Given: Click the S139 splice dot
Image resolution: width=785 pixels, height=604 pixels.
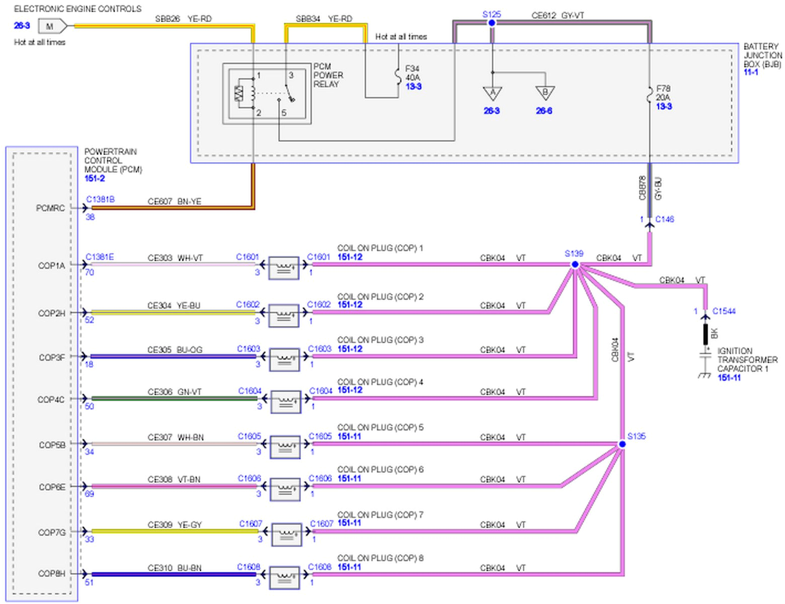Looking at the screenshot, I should [575, 264].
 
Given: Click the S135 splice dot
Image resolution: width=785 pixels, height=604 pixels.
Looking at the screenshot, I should [622, 444].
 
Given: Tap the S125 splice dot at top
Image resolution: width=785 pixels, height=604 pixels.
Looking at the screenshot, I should [492, 23].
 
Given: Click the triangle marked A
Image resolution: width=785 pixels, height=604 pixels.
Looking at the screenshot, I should [492, 93].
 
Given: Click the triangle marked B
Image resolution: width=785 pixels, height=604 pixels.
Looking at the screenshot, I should [545, 93].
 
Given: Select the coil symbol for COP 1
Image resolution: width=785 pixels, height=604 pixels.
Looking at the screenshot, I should [284, 267].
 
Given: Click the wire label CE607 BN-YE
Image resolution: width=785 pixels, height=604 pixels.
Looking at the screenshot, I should [174, 201].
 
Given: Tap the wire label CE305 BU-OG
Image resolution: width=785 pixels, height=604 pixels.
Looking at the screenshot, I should [175, 350].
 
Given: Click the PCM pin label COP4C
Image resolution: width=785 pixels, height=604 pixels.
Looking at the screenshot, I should [51, 400].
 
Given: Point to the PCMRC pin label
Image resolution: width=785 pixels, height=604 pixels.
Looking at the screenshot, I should [50, 208].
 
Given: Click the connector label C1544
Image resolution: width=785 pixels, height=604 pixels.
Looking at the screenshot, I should [724, 311].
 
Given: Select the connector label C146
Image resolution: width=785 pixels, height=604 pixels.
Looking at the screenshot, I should [664, 219].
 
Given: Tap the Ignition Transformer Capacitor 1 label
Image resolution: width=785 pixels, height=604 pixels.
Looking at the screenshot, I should [747, 360].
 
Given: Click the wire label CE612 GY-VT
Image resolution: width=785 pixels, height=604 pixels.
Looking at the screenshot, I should [558, 16].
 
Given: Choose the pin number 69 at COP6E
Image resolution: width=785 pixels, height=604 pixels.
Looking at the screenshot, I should [89, 494].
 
